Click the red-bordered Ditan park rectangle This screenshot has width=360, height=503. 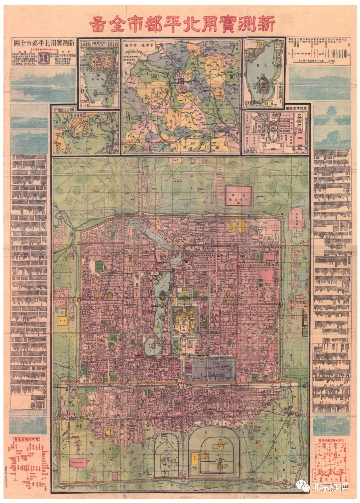(x=238, y=196)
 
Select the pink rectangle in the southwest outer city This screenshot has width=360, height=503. (x=77, y=463)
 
